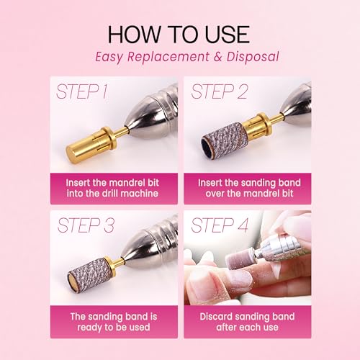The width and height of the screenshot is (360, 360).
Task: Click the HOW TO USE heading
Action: pos(179,35)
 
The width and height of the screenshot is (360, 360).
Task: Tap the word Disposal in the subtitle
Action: pos(253,57)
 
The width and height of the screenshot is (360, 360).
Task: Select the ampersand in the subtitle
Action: pos(217,57)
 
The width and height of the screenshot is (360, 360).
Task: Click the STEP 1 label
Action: pos(81,91)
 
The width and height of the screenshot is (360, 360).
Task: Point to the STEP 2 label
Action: pos(219,91)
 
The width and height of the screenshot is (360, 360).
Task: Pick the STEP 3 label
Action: pos(86,225)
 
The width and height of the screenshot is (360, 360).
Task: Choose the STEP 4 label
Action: pos(220,225)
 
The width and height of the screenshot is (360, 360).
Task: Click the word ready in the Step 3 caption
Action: pos(89,328)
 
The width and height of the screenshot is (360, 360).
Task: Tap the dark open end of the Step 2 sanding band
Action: pos(207,145)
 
